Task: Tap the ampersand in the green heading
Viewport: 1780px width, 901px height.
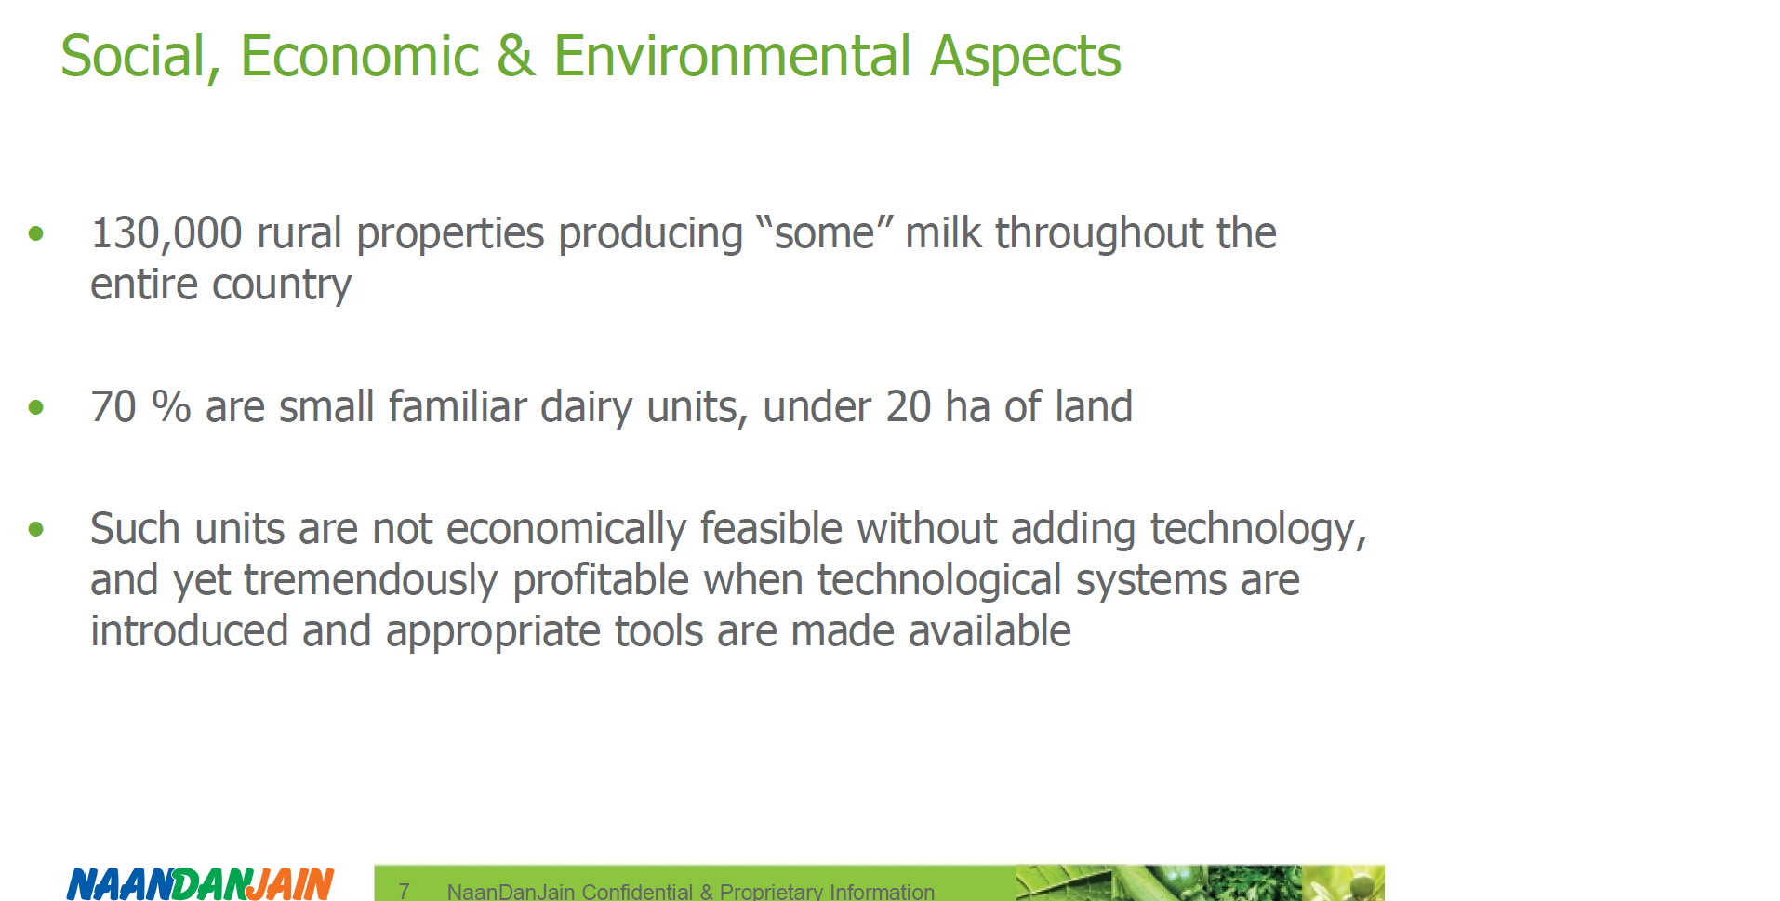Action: click(x=515, y=57)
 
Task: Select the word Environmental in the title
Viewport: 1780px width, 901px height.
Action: click(x=733, y=57)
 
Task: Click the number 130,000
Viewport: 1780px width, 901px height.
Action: click(x=166, y=233)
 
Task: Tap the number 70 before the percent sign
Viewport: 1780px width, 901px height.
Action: click(x=113, y=407)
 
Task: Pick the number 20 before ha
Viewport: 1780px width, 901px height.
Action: click(x=908, y=407)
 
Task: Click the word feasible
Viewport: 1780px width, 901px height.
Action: click(x=771, y=529)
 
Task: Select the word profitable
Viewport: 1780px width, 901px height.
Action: click(x=601, y=581)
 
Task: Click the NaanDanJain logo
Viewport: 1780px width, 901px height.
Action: click(x=200, y=883)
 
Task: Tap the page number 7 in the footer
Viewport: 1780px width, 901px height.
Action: click(x=404, y=891)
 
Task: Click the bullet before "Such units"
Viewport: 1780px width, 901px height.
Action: click(x=36, y=530)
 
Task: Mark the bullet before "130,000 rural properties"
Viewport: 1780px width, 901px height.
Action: click(x=36, y=233)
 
